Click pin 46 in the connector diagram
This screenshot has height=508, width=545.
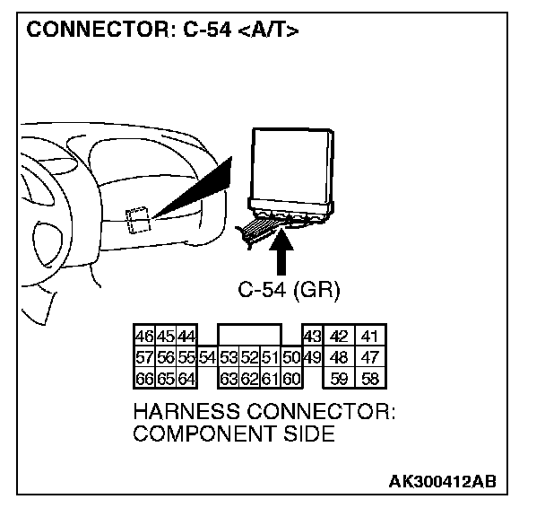click(143, 337)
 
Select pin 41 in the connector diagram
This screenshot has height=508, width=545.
click(369, 337)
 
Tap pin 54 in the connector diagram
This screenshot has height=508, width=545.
click(207, 357)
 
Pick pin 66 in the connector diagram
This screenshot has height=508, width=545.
click(143, 378)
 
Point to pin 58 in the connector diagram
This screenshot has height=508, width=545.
click(369, 378)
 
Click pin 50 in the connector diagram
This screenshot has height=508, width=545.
click(291, 357)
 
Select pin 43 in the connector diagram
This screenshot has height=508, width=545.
click(312, 337)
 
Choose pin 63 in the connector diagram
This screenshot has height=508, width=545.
click(229, 378)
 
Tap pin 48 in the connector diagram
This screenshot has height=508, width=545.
click(339, 357)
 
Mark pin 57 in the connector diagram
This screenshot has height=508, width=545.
click(143, 357)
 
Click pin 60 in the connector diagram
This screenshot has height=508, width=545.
click(291, 378)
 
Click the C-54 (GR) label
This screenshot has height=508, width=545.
click(289, 291)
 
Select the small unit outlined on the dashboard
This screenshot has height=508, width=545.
click(139, 219)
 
